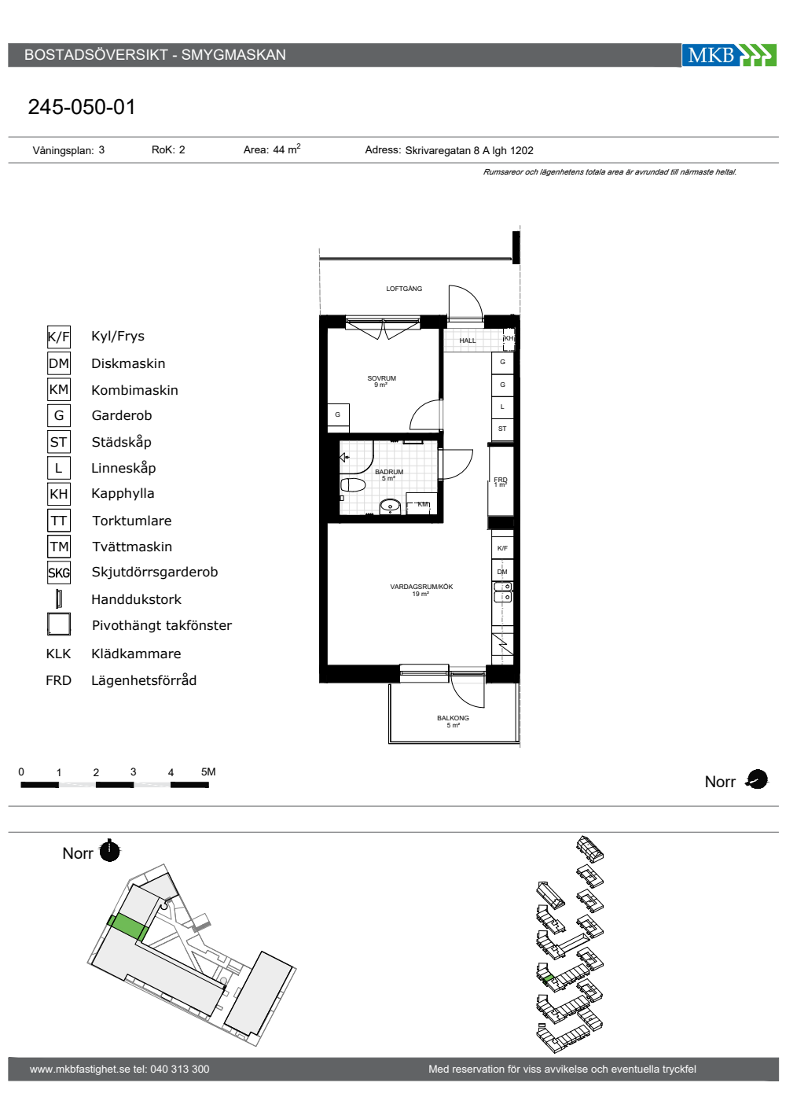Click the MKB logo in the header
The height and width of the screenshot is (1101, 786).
(x=729, y=55)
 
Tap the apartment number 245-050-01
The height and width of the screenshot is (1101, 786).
(x=82, y=107)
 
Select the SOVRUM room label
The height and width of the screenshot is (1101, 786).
(x=381, y=378)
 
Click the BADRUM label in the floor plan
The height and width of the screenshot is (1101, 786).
(x=389, y=472)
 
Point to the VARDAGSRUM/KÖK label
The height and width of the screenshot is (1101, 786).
(x=421, y=587)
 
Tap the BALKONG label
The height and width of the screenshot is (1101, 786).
(x=453, y=718)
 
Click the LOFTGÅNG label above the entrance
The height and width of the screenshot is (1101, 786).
(x=404, y=289)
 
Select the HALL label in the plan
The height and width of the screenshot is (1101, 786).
(x=468, y=341)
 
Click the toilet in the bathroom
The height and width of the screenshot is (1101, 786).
(x=353, y=486)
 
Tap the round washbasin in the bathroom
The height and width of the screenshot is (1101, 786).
(x=391, y=506)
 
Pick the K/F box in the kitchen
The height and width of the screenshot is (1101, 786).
(x=502, y=549)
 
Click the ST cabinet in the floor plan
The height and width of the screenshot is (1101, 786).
(x=502, y=429)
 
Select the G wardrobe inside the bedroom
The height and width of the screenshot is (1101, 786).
(x=338, y=415)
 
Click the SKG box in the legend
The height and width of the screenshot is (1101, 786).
(x=59, y=573)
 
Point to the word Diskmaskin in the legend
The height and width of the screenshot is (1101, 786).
(x=128, y=363)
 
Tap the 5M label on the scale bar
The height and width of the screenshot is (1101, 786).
(x=208, y=771)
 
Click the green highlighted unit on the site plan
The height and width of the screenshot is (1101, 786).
(x=127, y=928)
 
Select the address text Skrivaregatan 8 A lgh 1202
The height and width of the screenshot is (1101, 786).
(x=469, y=151)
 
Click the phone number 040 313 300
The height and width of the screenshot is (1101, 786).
(x=180, y=1069)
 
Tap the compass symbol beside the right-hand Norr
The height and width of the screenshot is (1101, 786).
(x=757, y=779)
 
